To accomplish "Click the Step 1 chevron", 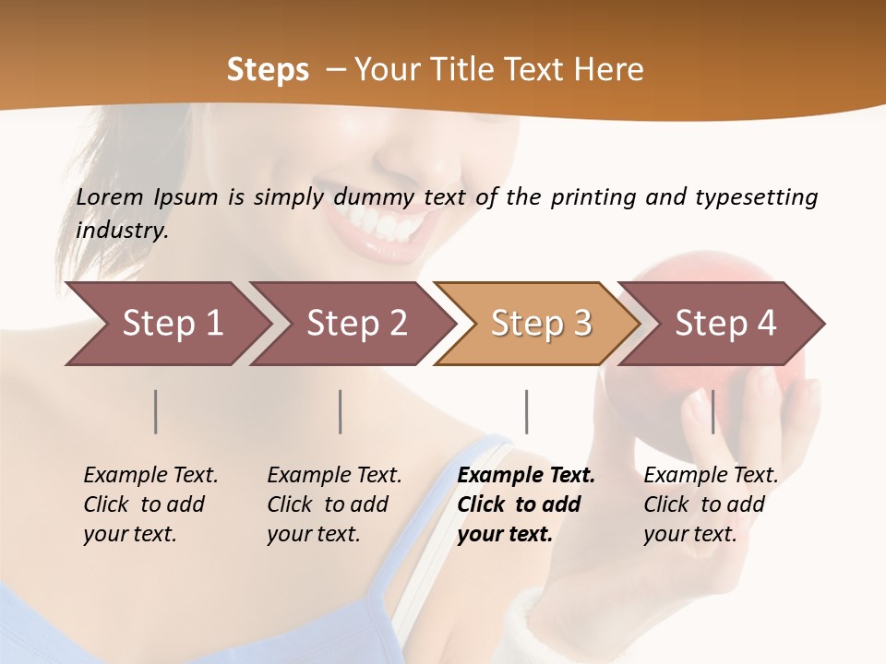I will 166,324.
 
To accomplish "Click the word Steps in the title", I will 268,70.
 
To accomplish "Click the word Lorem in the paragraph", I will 110,197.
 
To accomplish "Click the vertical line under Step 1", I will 156,411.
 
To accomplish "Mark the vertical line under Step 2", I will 341,411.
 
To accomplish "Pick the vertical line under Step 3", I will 527,411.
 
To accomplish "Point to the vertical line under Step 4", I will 712,411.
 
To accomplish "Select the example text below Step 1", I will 150,504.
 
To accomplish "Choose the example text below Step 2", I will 334,504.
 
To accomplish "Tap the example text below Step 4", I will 711,504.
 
